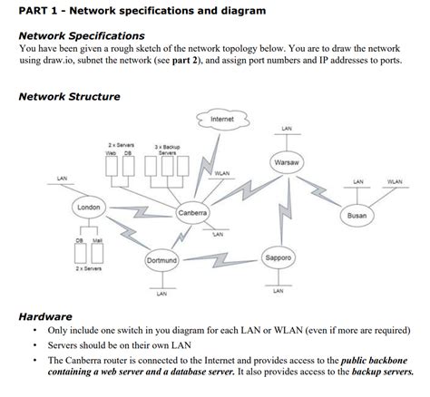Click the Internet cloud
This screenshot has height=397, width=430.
pyautogui.click(x=221, y=121)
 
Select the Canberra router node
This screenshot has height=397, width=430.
pyautogui.click(x=193, y=214)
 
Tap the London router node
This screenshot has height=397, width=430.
pyautogui.click(x=89, y=208)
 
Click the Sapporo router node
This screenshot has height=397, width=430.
pyautogui.click(x=279, y=258)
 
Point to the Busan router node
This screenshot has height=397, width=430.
pyautogui.click(x=357, y=216)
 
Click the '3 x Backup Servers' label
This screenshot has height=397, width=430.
pyautogui.click(x=167, y=150)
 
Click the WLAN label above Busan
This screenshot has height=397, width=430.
pyautogui.click(x=395, y=182)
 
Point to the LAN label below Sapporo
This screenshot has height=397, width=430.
pyautogui.click(x=278, y=292)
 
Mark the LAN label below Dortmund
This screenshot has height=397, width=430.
pyautogui.click(x=161, y=294)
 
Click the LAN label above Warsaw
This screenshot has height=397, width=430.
pyautogui.click(x=287, y=128)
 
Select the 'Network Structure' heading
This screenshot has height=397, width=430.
pyautogui.click(x=69, y=97)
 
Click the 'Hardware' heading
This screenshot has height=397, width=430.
pyautogui.click(x=46, y=316)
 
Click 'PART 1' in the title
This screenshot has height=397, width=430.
pyautogui.click(x=37, y=11)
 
